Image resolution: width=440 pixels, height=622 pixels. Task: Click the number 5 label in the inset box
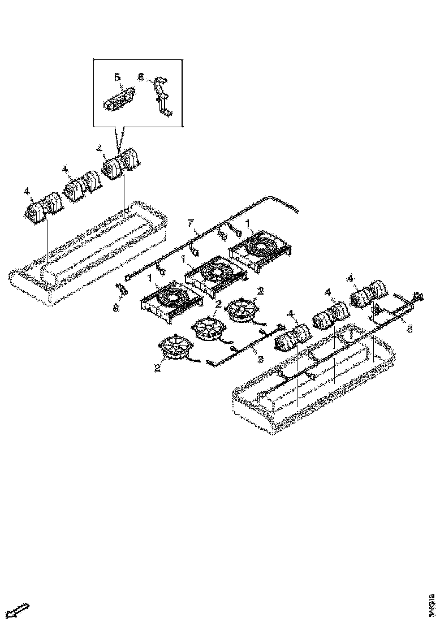pos(117,76)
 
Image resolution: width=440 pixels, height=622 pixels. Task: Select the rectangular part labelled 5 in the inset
pos(119,100)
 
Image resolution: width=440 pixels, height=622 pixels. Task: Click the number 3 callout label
pos(260,360)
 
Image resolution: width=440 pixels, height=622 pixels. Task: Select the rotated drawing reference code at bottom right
pos(433,599)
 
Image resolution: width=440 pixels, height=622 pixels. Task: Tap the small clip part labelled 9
pos(121,291)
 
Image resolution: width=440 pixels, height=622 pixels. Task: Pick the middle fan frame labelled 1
pos(215,275)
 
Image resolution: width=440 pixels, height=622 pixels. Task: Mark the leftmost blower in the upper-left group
pos(43,206)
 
